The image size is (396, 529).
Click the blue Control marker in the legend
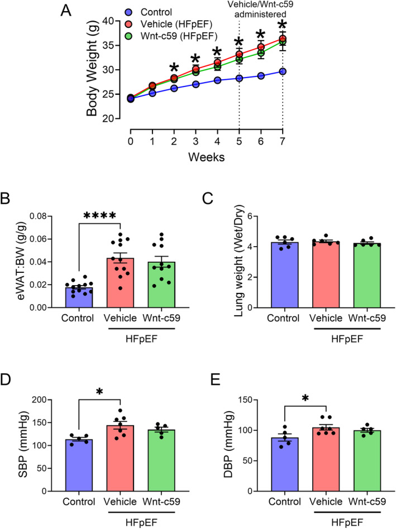coord(128,12)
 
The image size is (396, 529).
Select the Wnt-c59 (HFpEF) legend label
coord(179,36)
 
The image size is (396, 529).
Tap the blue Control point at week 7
coord(283,71)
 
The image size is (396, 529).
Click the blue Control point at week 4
coord(217,80)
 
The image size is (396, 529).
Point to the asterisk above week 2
coord(174,66)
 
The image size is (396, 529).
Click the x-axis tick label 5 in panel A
coord(239,141)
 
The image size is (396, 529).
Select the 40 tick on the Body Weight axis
coord(108,21)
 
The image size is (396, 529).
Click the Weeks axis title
coord(206,157)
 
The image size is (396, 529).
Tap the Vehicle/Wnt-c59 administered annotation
coord(260,9)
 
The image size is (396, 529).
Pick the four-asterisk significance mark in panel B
coord(99,216)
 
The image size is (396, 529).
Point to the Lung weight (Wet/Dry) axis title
coord(239,261)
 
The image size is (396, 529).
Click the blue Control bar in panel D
coord(79,465)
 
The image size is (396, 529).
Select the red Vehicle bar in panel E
coord(326,459)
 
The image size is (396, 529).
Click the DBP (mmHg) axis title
coord(229,444)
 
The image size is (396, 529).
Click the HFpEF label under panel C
coord(347,339)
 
